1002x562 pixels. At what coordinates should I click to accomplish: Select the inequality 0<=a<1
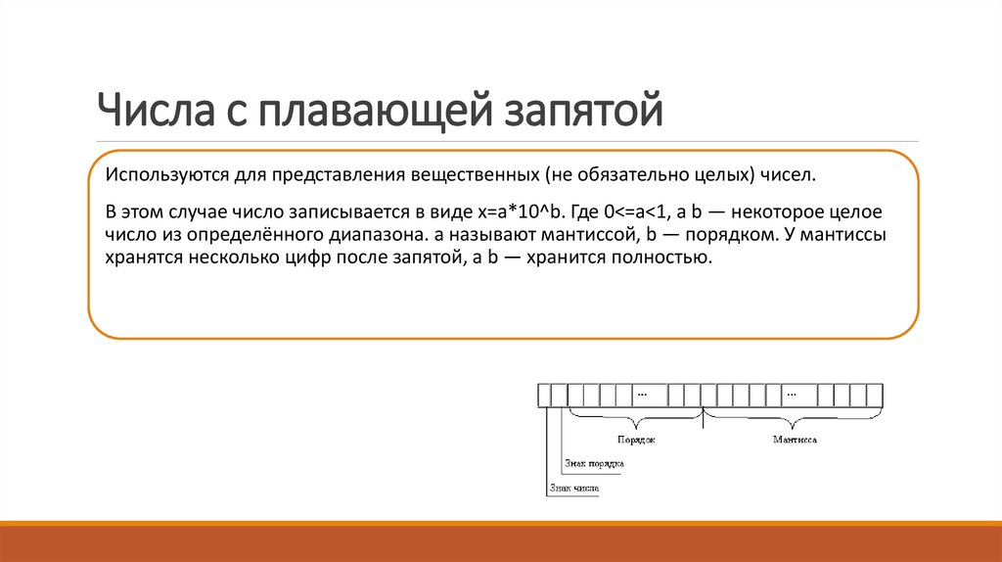tap(640, 212)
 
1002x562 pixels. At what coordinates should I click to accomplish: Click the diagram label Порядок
tap(636, 441)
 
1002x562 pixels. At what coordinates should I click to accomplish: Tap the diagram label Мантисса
tap(795, 441)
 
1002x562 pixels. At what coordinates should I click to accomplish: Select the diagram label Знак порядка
tap(595, 463)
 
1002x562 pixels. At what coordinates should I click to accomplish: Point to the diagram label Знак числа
tap(573, 487)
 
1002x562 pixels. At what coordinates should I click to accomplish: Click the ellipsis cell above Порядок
tap(643, 395)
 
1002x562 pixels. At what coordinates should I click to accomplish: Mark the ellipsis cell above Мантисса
tap(794, 395)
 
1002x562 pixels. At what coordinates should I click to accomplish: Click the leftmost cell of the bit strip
tap(544, 395)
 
